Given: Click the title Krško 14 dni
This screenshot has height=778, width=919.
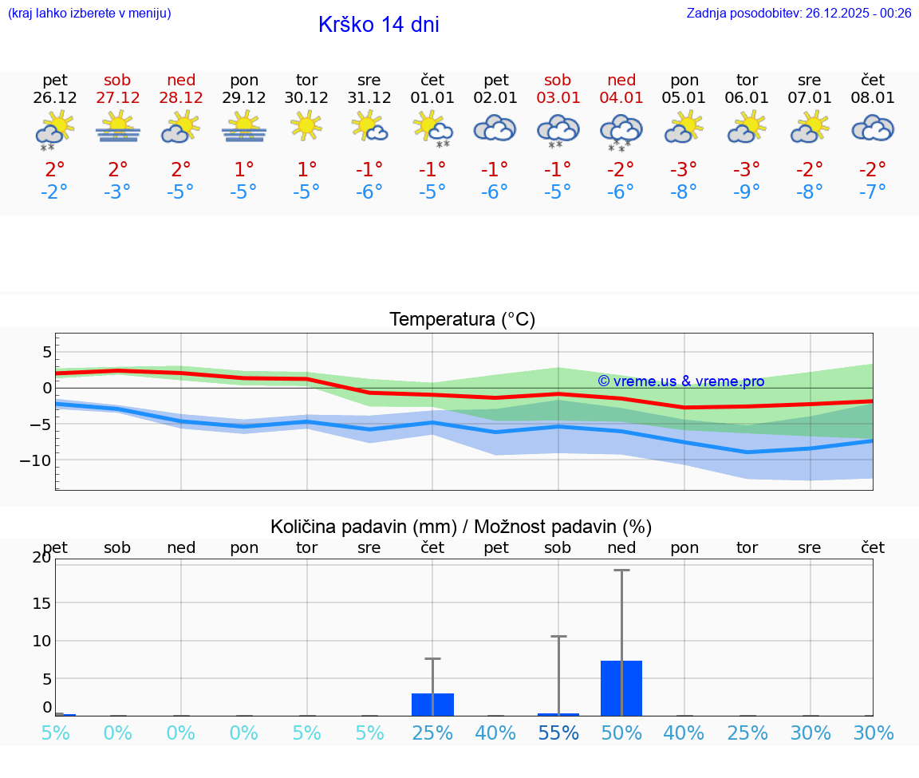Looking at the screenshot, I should click(x=378, y=25).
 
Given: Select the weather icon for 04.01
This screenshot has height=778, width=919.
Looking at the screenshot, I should click(x=621, y=132).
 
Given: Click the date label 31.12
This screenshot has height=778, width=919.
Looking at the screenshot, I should click(x=369, y=98).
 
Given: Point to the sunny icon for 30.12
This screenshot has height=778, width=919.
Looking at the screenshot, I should click(x=306, y=126).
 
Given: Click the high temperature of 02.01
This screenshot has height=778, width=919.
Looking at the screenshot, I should click(x=495, y=170).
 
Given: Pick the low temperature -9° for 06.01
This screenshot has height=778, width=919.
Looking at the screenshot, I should click(x=747, y=192).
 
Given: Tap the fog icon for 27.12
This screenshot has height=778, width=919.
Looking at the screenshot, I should click(x=118, y=128).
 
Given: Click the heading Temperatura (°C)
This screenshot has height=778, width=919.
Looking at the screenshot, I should click(x=462, y=320).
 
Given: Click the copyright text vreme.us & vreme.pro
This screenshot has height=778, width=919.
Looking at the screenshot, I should click(x=680, y=381).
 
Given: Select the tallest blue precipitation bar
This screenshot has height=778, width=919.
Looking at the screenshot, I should click(x=621, y=688).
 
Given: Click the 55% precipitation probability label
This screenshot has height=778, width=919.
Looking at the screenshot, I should click(x=558, y=733).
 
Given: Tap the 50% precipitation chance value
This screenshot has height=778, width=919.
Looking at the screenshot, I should click(x=621, y=733).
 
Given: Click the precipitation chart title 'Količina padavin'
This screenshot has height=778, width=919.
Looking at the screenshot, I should click(x=461, y=527).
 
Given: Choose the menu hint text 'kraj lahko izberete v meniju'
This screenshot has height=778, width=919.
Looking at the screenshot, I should click(x=89, y=13).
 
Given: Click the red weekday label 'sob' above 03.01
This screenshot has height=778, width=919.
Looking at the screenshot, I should click(x=558, y=80).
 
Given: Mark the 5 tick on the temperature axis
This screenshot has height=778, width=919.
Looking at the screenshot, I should click(x=47, y=352).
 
